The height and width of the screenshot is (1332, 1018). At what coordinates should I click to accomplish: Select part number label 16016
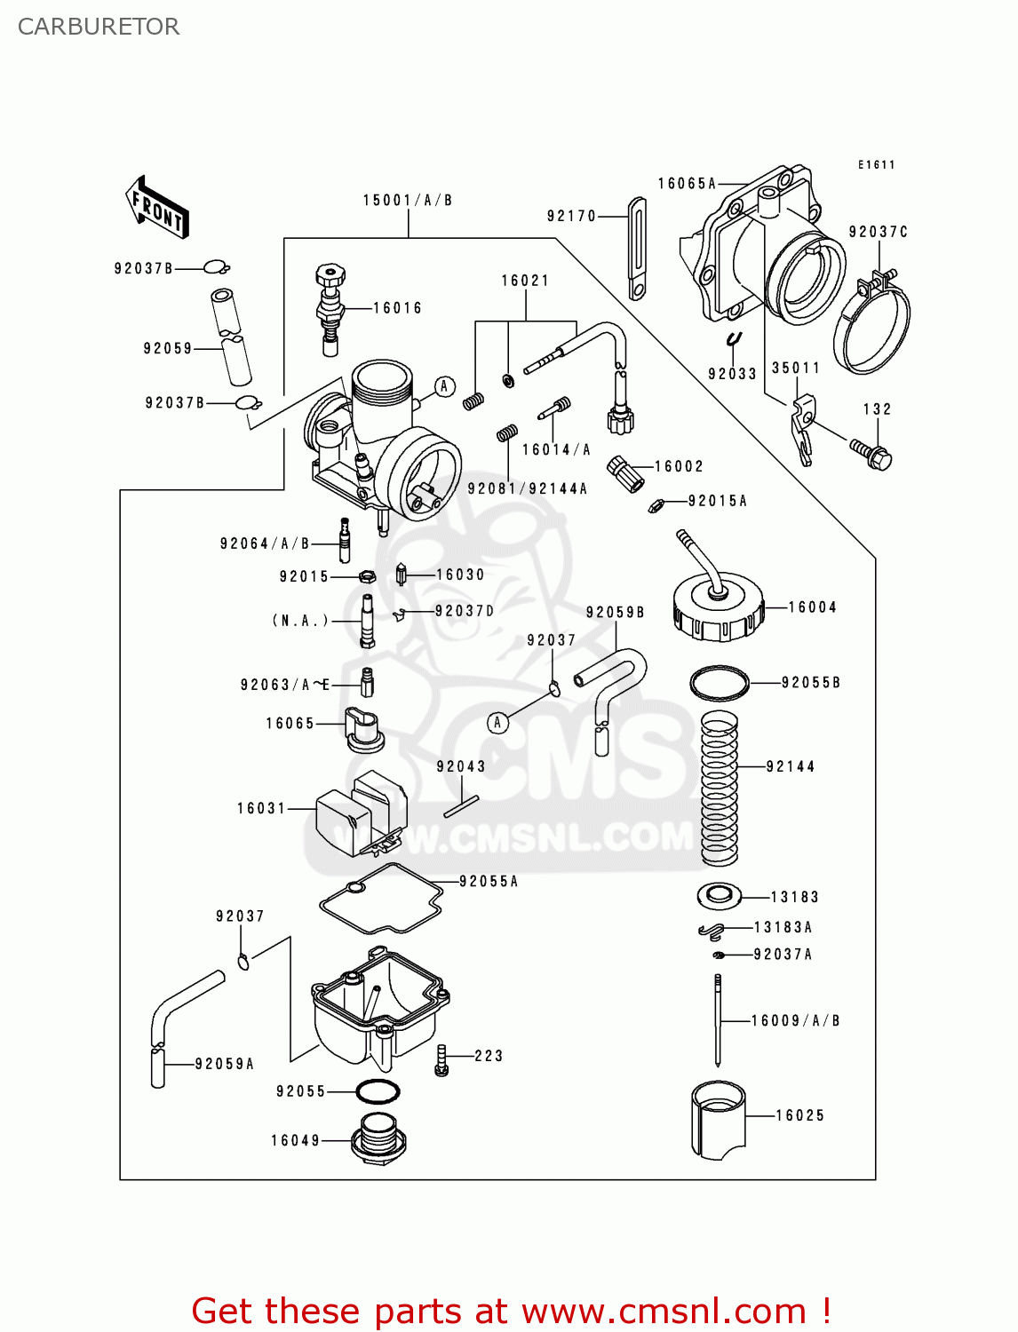coord(397,308)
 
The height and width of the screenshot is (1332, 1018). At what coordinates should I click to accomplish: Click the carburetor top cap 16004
coord(718,607)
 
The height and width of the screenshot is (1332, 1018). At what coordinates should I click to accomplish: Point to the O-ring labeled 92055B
coord(720,683)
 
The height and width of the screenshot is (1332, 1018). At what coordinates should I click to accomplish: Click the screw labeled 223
coord(441,1060)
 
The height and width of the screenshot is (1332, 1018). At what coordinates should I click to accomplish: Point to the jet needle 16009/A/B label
coord(795,1021)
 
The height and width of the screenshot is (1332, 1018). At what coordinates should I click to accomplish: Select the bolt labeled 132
coord(871,453)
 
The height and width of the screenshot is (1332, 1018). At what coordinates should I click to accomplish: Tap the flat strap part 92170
coord(637,249)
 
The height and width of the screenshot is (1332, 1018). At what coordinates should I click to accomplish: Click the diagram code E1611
coord(876,165)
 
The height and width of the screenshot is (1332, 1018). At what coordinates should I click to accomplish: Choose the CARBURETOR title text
coord(99,27)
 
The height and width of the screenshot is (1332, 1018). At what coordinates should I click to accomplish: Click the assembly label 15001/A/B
coord(408,201)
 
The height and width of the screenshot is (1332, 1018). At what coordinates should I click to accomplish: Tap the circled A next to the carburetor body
coord(445,386)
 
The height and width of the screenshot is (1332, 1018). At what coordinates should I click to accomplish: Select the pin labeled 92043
coord(461,806)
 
